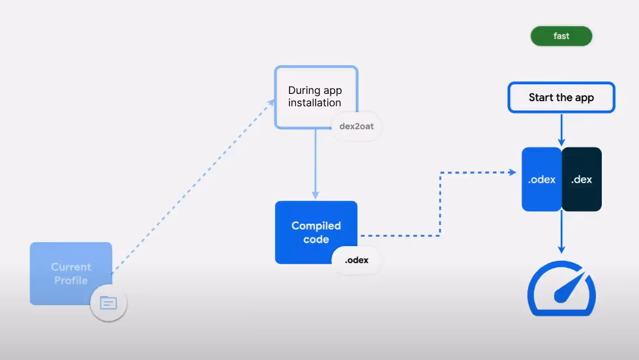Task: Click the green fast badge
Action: click(561, 36)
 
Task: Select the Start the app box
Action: click(561, 98)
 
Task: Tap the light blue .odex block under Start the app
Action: click(542, 179)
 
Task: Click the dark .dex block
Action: click(582, 179)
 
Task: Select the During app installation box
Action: click(316, 97)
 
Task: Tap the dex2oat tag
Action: click(357, 127)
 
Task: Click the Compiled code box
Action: click(316, 232)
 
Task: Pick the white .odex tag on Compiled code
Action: click(357, 260)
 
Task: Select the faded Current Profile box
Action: click(71, 273)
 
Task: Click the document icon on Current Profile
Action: click(108, 303)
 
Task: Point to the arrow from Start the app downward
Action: click(561, 130)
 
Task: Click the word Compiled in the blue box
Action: click(316, 226)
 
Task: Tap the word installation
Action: click(315, 103)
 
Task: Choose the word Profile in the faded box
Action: click(71, 280)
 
